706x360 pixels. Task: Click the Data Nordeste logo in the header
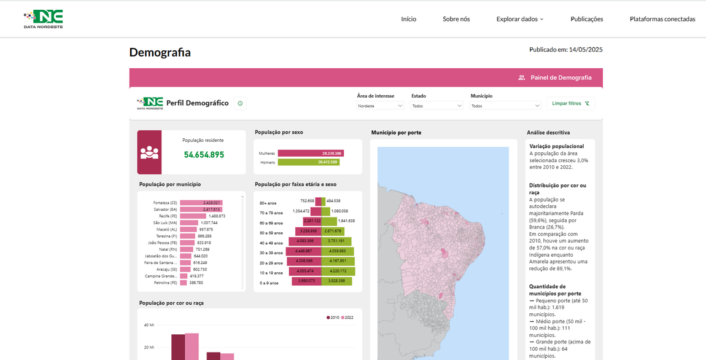[x=43, y=19]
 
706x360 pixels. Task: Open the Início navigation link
[x=408, y=19]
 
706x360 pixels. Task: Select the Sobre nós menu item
[x=456, y=19]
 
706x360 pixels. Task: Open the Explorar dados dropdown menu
[x=519, y=19]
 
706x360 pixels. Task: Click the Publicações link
[x=586, y=19]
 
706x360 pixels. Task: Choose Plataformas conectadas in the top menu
[x=662, y=19]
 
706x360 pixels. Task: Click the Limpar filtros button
[x=570, y=104]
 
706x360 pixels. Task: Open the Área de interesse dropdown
[x=380, y=106]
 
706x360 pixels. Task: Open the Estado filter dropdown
[x=436, y=106]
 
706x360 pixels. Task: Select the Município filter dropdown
[x=505, y=106]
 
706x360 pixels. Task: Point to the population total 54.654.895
[x=204, y=155]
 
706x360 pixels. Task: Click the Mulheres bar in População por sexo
[x=310, y=153]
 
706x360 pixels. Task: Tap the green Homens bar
[x=308, y=162]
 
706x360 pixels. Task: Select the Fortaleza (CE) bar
[x=201, y=203]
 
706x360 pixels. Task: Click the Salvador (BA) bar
[x=201, y=209]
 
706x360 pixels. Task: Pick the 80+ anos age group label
[x=268, y=203]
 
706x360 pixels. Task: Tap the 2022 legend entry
[x=347, y=318]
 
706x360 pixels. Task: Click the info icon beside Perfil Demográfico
[x=240, y=104]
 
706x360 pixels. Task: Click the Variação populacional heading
[x=556, y=146]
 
